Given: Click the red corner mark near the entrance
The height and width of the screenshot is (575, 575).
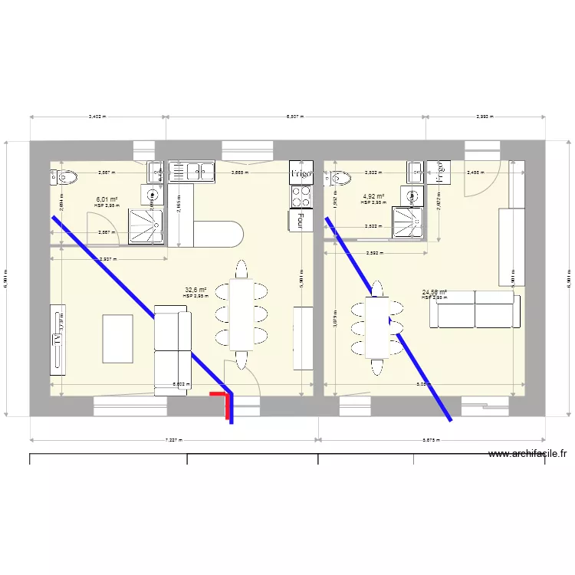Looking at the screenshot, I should click(222, 396).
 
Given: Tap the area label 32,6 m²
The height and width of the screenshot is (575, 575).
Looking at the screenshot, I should click(195, 291).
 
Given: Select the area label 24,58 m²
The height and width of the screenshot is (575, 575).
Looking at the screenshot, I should click(433, 292).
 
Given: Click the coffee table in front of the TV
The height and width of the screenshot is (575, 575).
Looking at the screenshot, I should click(117, 338).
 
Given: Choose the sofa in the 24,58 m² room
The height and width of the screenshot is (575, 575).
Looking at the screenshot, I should click(475, 308).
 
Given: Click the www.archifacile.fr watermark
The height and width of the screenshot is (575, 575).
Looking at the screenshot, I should click(527, 454).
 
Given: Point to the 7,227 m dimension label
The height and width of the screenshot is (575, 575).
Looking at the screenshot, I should click(174, 440).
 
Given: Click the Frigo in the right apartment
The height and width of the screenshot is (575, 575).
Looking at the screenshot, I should click(441, 173).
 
